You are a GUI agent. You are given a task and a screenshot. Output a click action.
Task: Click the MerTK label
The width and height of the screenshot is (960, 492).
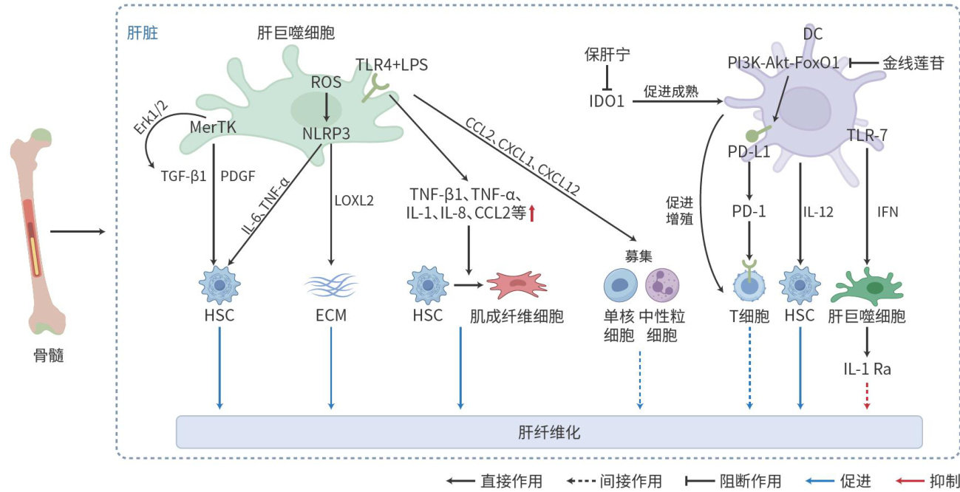click(x=212, y=128)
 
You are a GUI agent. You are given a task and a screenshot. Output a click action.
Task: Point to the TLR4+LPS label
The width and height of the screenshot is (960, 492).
click(x=392, y=65)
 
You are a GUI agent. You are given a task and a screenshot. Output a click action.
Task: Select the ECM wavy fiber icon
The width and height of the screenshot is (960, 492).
click(x=330, y=284)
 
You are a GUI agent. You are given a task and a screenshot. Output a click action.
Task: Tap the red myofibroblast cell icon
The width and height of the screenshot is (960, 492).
click(x=517, y=284)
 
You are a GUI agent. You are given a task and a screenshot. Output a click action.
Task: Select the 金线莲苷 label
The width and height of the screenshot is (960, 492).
click(x=913, y=64)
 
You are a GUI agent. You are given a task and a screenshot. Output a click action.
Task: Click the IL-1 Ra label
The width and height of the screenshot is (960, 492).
click(x=866, y=368)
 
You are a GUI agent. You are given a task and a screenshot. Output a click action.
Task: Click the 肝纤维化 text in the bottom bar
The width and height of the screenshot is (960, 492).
click(x=550, y=431)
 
